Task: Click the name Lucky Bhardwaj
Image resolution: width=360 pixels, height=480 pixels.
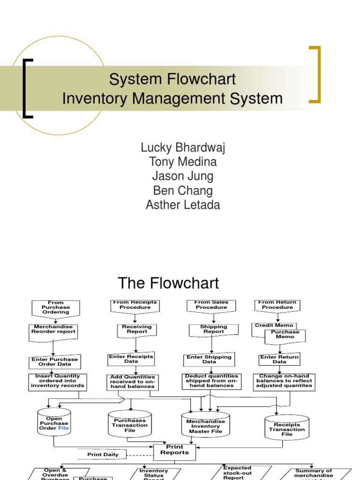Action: (183, 148)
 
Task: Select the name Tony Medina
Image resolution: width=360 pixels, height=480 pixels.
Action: (183, 162)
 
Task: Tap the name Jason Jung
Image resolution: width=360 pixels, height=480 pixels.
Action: (183, 176)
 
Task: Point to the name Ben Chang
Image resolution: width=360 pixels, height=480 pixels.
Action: (183, 190)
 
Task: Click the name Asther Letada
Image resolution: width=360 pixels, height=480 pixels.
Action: (183, 205)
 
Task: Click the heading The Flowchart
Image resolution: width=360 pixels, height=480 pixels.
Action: (168, 283)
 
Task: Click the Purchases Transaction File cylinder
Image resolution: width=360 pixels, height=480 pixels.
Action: (130, 425)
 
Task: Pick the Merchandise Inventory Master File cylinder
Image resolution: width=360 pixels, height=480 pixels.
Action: (205, 426)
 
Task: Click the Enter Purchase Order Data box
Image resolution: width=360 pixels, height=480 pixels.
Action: (54, 361)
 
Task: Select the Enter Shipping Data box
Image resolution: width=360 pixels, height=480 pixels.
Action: (209, 360)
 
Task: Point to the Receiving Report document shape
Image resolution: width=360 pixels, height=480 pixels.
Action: (136, 330)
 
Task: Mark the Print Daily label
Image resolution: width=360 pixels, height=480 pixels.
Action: (103, 454)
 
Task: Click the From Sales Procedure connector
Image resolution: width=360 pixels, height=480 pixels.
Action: (211, 306)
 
